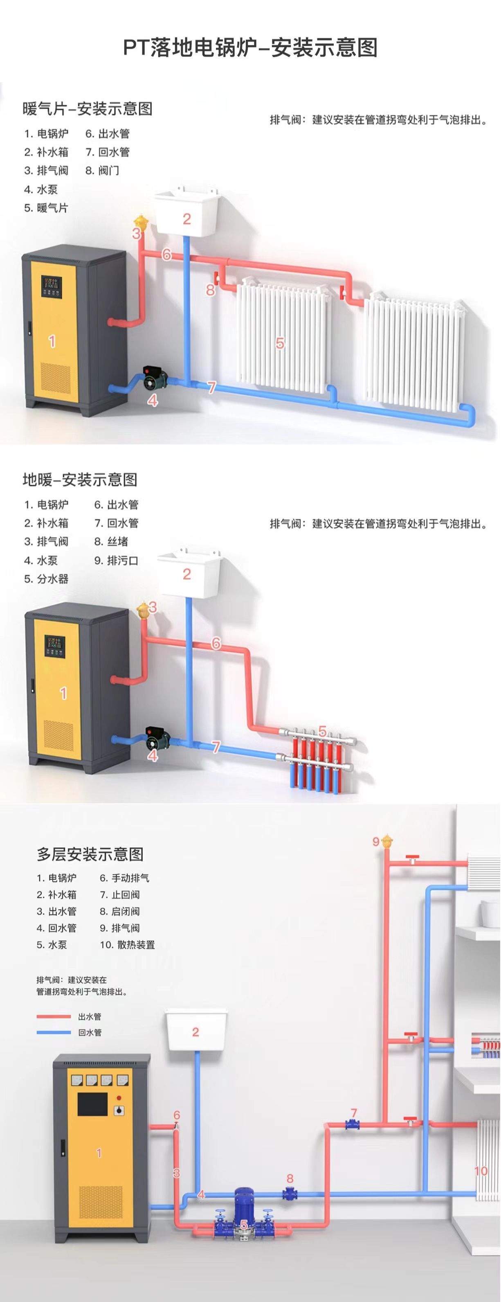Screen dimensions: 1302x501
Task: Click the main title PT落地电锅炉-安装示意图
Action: (250, 48)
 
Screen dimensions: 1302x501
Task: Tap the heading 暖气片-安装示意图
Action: (88, 109)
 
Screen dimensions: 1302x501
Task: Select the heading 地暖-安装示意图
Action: (80, 480)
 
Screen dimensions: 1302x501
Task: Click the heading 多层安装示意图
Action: (90, 854)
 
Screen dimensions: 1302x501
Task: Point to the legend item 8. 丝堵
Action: (111, 542)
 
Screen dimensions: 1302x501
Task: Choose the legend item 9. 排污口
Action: (116, 561)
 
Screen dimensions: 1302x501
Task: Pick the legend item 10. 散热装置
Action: (127, 945)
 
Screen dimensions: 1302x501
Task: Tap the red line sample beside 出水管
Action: (54, 1016)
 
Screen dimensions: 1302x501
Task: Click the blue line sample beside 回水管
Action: (54, 1033)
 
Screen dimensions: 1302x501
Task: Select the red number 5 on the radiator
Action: (280, 343)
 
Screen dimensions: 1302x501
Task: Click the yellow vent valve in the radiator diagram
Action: (141, 223)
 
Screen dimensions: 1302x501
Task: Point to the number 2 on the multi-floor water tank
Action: (195, 1032)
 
